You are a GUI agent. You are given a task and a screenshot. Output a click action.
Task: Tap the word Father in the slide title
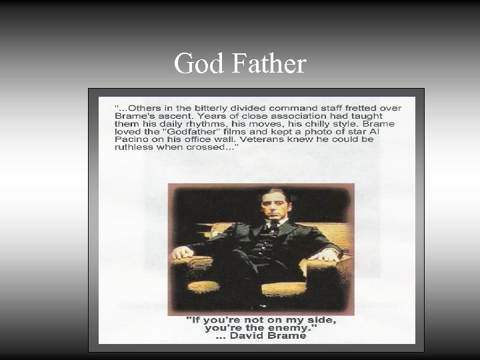click(270, 64)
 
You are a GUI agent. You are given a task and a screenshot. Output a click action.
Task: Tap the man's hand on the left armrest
click(181, 253)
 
